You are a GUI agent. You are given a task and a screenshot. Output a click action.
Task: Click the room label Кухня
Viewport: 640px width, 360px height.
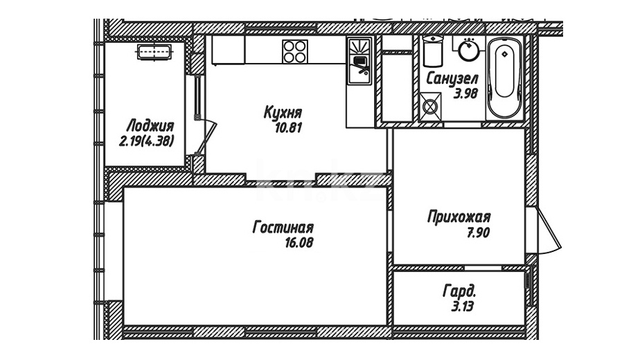283,112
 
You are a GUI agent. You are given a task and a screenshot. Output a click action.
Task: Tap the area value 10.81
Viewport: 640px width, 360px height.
288,128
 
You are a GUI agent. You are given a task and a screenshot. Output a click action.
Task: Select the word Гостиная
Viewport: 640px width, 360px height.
283,227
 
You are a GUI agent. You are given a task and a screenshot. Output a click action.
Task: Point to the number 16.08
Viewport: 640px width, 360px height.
299,243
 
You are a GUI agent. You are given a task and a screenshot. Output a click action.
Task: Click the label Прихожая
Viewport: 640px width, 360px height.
459,217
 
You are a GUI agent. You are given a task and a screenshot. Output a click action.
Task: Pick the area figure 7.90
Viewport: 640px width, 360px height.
479,233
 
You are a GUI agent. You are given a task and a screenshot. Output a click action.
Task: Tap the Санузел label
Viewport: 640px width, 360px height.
452,78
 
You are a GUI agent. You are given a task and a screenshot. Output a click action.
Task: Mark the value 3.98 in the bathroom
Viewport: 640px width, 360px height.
465,94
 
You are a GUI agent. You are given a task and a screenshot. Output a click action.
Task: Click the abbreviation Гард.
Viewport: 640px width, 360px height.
459,291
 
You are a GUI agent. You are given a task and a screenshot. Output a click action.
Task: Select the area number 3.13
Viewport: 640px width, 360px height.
463,306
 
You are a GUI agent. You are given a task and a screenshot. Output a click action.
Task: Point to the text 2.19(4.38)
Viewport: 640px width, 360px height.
147,141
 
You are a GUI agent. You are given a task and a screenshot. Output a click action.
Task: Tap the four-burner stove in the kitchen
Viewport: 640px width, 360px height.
294,51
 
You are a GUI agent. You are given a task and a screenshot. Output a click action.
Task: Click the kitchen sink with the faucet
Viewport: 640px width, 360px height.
359,61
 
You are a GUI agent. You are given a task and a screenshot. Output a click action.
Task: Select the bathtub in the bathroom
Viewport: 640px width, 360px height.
505,79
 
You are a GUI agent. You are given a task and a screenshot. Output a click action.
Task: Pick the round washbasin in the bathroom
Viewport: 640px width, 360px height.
469,50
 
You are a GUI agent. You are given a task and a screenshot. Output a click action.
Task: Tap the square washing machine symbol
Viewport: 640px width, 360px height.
430,107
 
